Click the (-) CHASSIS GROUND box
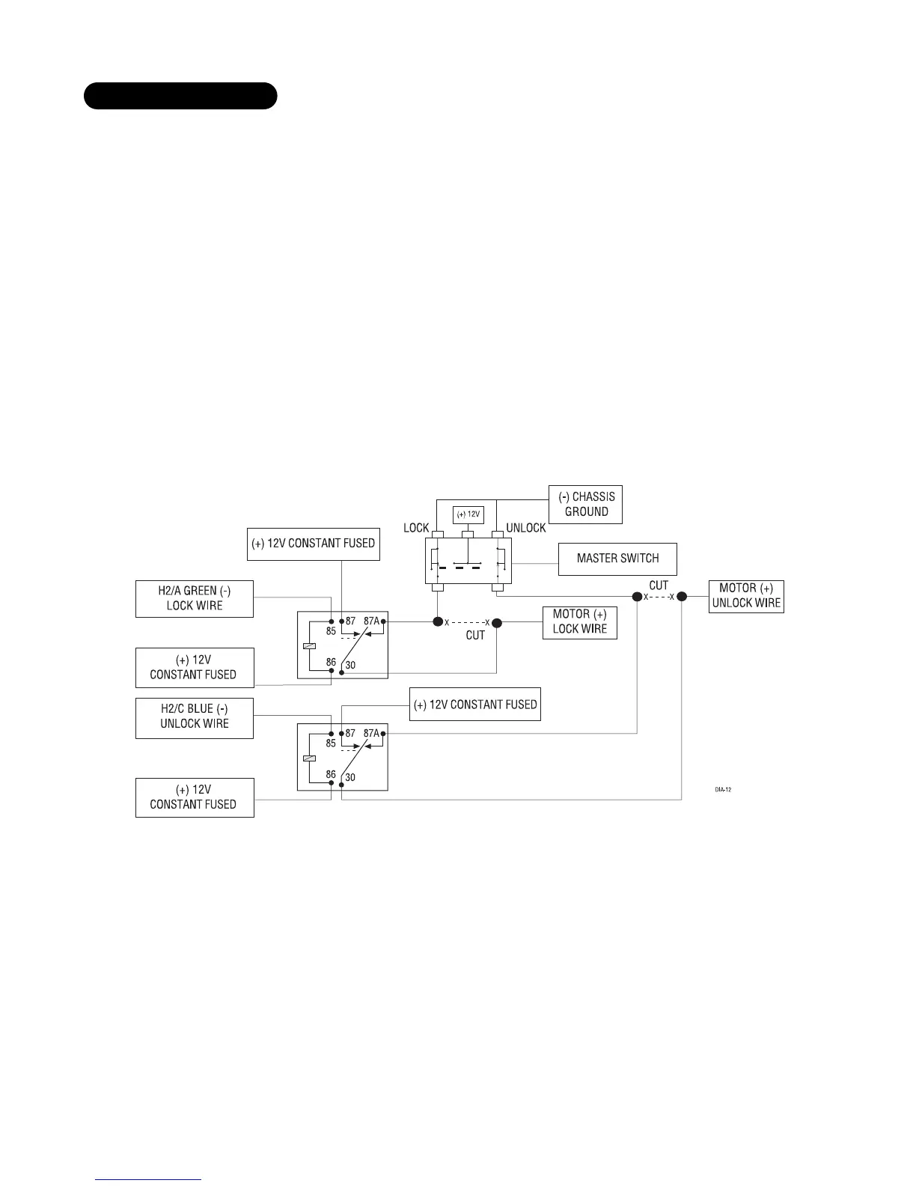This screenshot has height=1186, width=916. [586, 504]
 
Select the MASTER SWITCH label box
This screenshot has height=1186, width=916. [617, 559]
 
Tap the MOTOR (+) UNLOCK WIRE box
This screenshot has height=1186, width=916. [746, 596]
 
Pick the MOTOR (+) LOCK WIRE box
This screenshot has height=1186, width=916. [579, 622]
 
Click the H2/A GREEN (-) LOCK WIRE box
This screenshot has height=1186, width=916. [195, 598]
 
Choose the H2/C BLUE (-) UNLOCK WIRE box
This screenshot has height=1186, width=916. [195, 717]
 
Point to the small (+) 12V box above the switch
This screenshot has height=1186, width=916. [468, 515]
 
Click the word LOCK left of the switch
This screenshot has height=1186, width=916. [416, 528]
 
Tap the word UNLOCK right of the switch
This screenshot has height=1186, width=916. [526, 528]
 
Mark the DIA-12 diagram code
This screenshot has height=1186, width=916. [722, 789]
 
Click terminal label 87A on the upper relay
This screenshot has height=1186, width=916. [371, 621]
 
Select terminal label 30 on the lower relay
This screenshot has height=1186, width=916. [350, 777]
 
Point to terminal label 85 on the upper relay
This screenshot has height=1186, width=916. [331, 631]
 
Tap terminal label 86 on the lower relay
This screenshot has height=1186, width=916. [330, 774]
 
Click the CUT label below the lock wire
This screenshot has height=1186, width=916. [475, 635]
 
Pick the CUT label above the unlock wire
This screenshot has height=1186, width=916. [659, 586]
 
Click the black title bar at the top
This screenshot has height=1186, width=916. [180, 97]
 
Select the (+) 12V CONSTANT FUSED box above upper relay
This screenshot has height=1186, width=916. [313, 544]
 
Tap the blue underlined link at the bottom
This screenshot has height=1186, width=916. [148, 1179]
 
